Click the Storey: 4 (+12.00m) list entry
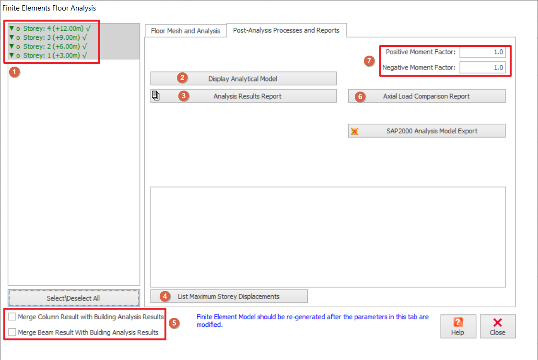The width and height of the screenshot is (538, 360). click(50, 28)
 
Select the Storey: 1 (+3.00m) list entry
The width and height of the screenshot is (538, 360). click(48, 55)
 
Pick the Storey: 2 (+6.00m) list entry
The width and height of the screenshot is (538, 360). click(48, 46)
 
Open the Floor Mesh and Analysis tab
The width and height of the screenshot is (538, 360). click(185, 31)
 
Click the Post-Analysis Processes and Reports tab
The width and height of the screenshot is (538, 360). click(286, 30)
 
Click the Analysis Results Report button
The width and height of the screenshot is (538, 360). click(243, 96)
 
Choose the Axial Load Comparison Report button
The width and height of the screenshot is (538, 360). click(426, 96)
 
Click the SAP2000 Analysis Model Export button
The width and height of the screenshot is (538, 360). click(426, 131)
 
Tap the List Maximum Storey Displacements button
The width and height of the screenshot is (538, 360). click(229, 296)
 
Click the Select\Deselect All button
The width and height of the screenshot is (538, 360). click(74, 298)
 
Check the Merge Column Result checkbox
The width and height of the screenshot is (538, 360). click(12, 316)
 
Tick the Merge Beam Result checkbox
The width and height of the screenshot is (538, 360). click(12, 332)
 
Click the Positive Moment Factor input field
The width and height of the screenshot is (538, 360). click(482, 52)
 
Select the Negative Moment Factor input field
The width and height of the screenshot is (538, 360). click(482, 67)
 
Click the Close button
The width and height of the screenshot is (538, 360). click(498, 326)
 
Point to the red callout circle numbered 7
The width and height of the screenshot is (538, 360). click(369, 61)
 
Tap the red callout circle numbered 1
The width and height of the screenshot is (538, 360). click(14, 72)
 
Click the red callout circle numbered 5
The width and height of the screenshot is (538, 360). click(175, 323)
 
